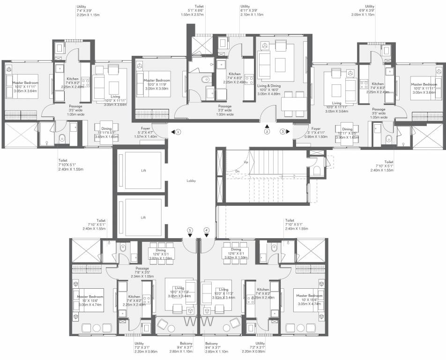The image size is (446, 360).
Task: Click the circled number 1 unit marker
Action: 178,132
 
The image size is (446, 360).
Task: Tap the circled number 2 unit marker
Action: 267,132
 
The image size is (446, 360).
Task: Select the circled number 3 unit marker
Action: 282,132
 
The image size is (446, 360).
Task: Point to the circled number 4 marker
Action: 206,230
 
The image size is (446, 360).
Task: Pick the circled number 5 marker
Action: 190,230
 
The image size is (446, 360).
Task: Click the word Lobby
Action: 190,180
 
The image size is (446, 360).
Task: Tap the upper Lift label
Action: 144,171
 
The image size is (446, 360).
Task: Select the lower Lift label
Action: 144,217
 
